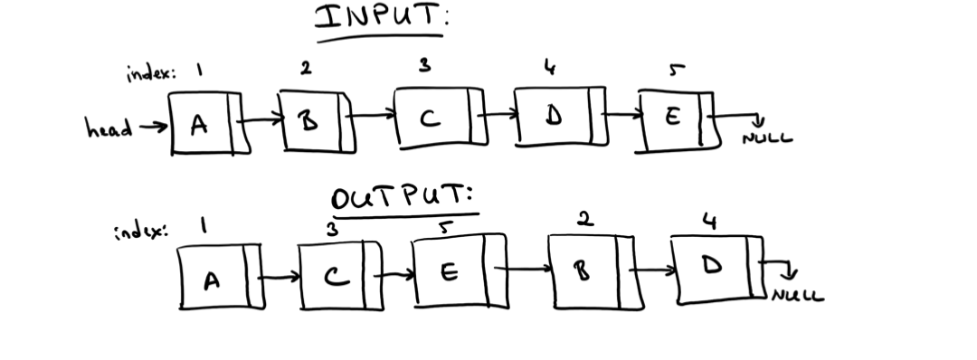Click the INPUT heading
[x=380, y=19]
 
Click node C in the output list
[x=332, y=276]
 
